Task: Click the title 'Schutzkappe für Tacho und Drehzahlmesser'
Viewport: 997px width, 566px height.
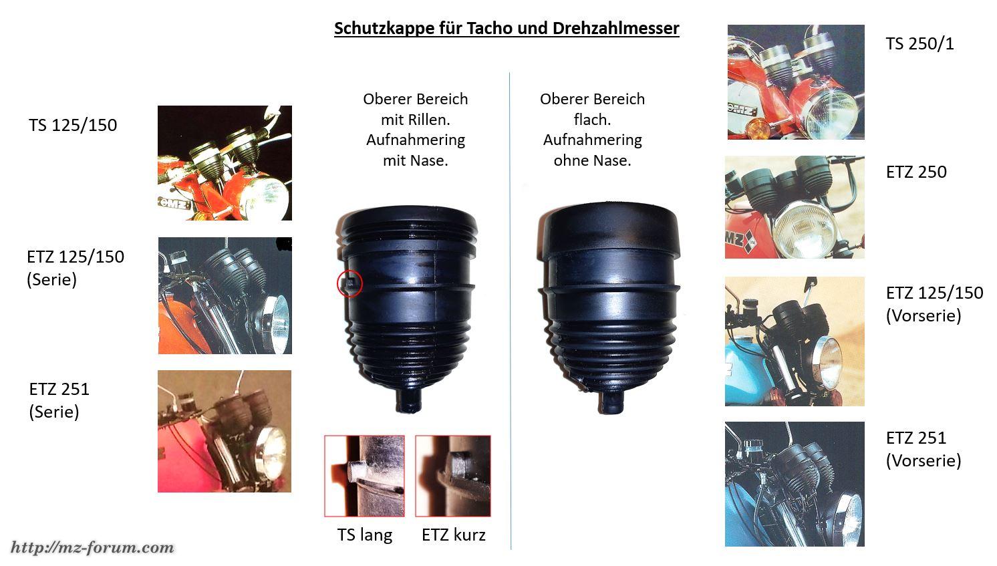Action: click(x=507, y=28)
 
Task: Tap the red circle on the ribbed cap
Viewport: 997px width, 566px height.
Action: click(x=349, y=283)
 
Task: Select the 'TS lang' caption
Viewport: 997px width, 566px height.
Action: click(x=365, y=535)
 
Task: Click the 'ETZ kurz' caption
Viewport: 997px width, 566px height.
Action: click(x=453, y=535)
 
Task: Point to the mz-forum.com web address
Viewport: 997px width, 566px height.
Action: click(x=92, y=547)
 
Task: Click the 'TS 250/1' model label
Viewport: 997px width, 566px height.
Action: click(x=919, y=43)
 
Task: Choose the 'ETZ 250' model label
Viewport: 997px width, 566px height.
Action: click(x=916, y=172)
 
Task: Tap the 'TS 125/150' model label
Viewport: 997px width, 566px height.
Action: click(x=73, y=125)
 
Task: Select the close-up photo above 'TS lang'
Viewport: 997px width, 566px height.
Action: click(x=365, y=476)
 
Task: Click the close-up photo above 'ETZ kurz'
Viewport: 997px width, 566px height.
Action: click(x=452, y=476)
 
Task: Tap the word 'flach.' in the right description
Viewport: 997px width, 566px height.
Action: click(x=592, y=119)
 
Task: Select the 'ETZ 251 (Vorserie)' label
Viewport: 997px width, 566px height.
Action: click(x=923, y=449)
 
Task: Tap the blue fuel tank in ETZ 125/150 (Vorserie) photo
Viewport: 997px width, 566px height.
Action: click(x=748, y=374)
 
